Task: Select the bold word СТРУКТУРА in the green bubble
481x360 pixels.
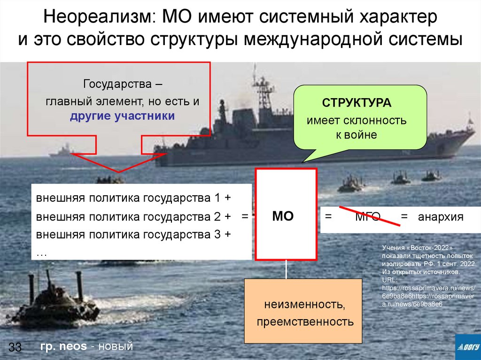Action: coord(356,103)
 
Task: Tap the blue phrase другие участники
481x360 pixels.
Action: coord(122,116)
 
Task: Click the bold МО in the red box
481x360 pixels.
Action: coord(283,216)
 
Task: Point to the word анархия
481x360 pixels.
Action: coord(441,217)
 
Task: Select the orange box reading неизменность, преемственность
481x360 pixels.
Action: coord(303,311)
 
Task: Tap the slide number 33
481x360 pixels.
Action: coord(15,347)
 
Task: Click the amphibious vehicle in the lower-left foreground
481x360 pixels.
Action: coord(54,303)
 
